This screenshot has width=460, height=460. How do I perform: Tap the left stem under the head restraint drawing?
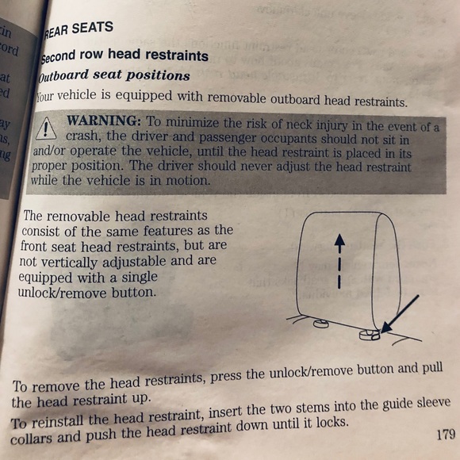[321, 322]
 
